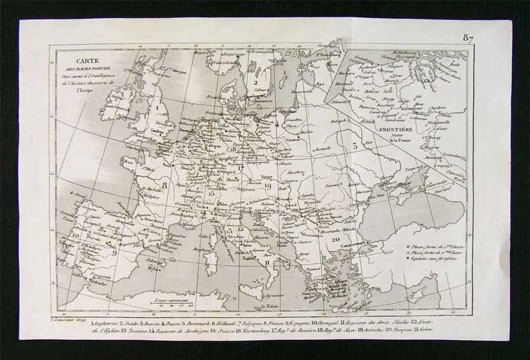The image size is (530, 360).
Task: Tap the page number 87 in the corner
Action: click(x=467, y=38)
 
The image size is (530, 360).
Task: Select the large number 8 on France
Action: click(x=163, y=180)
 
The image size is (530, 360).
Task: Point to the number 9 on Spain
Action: click(x=114, y=253)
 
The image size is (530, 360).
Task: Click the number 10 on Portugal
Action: click(x=76, y=236)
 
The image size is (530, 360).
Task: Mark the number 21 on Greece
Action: click(x=314, y=284)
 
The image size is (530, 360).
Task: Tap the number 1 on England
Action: click(x=158, y=105)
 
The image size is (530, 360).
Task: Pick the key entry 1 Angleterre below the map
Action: click(x=73, y=323)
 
